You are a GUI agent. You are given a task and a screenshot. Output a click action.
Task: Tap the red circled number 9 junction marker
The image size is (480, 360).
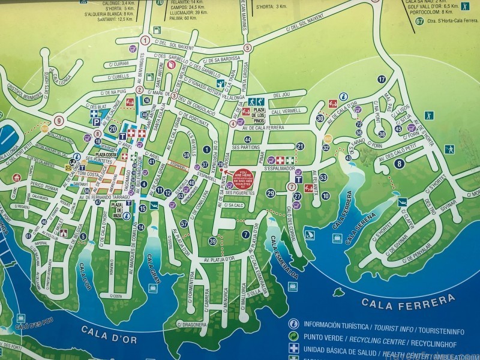tap(58, 120)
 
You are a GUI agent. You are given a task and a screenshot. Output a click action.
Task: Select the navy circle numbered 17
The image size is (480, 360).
tap(381, 79)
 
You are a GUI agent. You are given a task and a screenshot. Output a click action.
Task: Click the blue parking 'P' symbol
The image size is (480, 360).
tap(96, 122)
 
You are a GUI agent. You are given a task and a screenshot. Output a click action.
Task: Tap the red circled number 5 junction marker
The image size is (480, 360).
tap(247, 48)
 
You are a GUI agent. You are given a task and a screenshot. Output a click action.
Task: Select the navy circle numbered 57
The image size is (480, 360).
tap(184, 224)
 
